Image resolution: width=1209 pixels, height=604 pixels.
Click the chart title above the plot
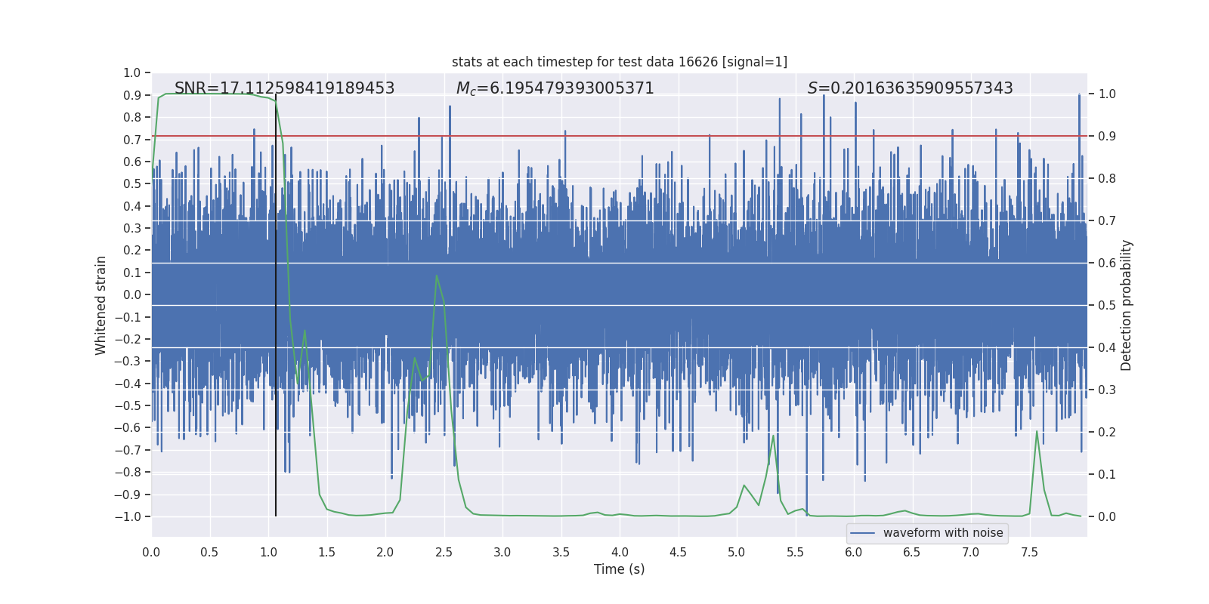point(620,62)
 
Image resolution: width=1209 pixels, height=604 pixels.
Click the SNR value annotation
point(284,88)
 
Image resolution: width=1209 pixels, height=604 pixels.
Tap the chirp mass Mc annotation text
point(555,88)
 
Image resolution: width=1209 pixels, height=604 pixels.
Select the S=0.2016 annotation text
point(910,88)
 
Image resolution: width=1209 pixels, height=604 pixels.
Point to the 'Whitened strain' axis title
point(101,305)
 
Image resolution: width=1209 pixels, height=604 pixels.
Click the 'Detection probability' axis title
point(1126,305)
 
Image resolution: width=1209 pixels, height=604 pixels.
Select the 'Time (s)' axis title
point(620,569)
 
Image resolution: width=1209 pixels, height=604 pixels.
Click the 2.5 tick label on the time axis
point(444,552)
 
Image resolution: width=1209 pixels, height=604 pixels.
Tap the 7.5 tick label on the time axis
point(1029,552)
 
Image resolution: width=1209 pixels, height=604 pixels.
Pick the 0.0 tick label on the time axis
point(151,552)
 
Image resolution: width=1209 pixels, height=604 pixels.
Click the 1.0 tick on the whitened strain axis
point(132,73)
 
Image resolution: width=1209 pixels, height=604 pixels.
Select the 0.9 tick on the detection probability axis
point(1107,137)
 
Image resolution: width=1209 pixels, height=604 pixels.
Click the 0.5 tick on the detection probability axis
point(1107,306)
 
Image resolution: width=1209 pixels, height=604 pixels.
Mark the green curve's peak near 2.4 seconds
point(437,276)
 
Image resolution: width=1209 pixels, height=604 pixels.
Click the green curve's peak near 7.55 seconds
point(1037,431)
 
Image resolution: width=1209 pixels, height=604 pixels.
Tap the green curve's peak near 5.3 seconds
point(773,435)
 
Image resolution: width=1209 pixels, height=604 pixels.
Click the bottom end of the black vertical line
point(276,516)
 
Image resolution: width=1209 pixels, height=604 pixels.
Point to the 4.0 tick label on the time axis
point(620,552)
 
